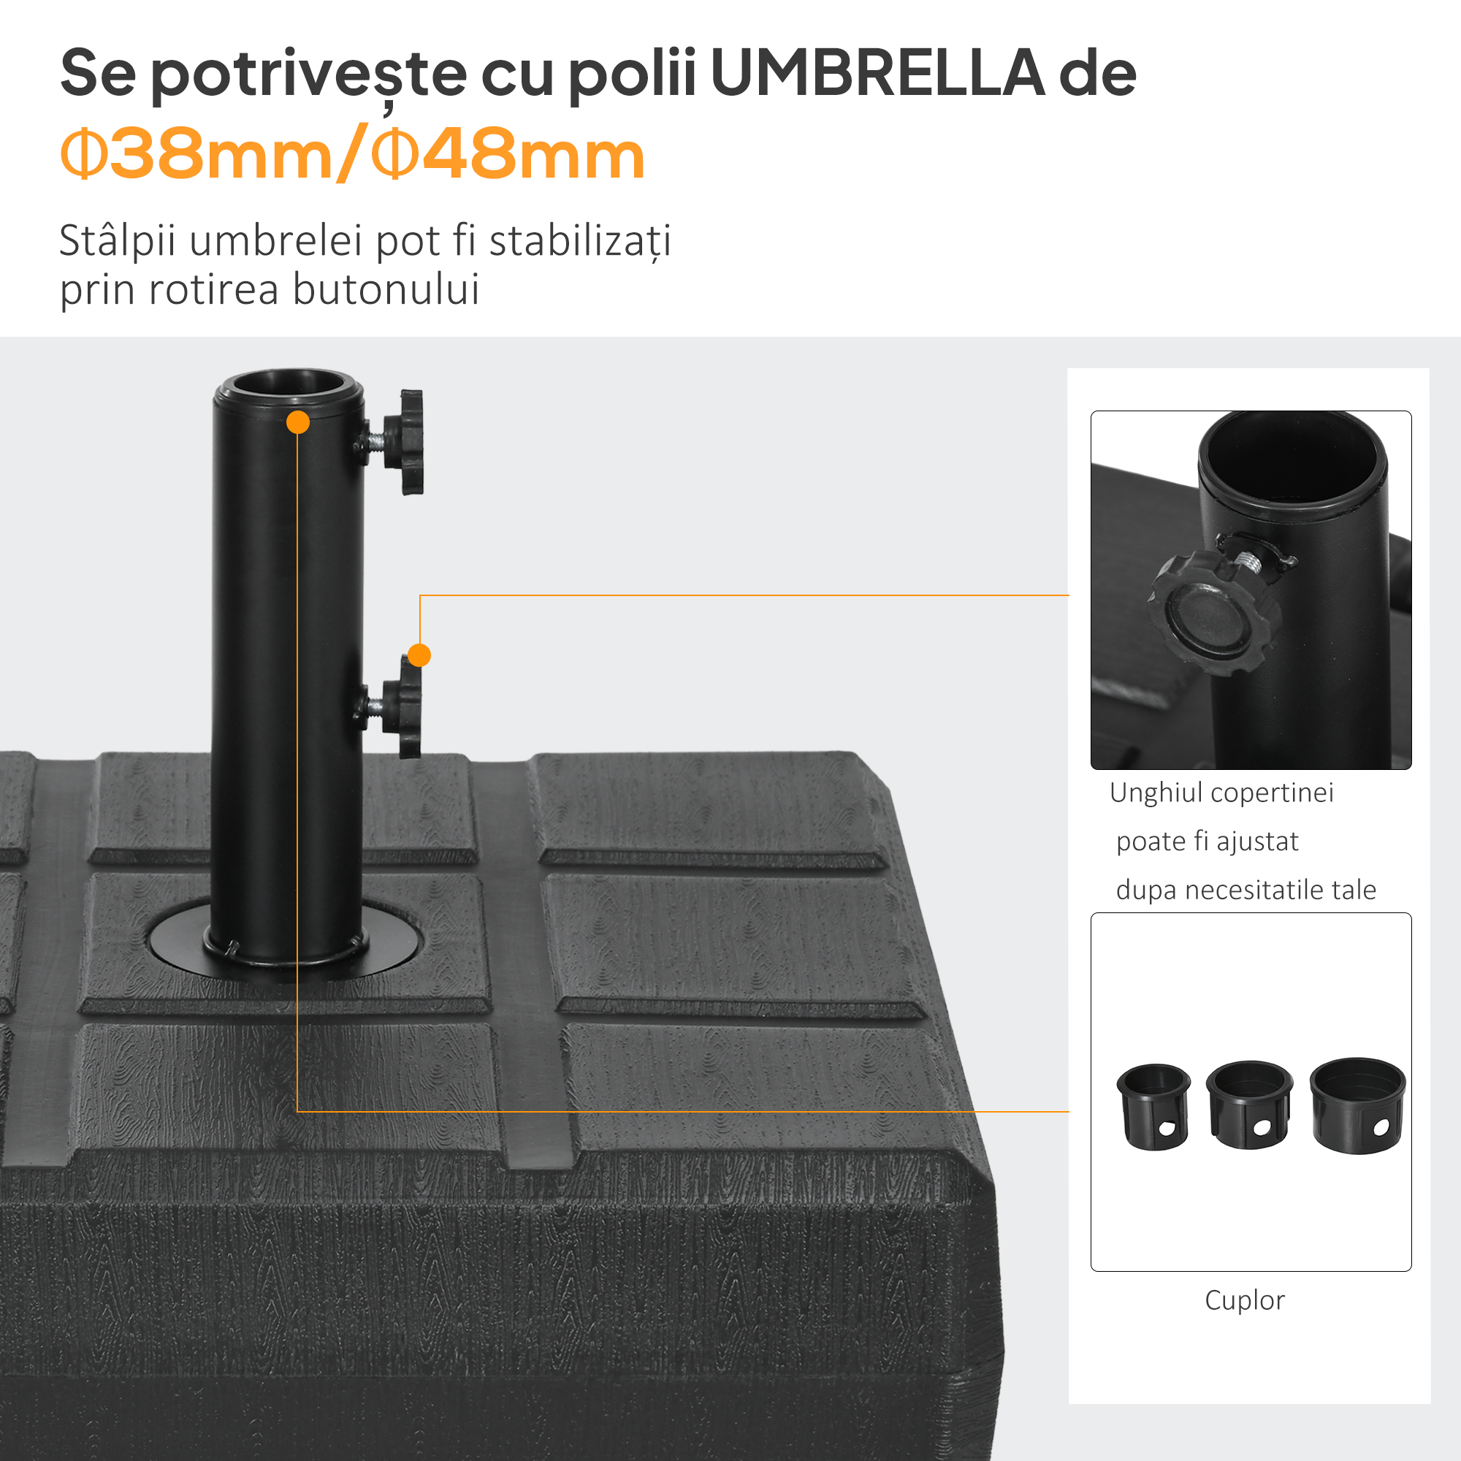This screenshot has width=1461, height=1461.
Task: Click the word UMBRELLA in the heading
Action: point(878,73)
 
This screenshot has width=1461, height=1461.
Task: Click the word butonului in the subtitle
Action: point(386,289)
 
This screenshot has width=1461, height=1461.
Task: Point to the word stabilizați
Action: point(580,242)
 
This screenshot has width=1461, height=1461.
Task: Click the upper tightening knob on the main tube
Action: point(405,442)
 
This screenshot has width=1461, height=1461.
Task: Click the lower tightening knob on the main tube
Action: point(403,707)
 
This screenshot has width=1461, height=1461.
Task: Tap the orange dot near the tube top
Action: point(298,422)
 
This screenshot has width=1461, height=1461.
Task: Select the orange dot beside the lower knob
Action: point(419,655)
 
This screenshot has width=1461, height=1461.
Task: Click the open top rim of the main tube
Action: point(288,387)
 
